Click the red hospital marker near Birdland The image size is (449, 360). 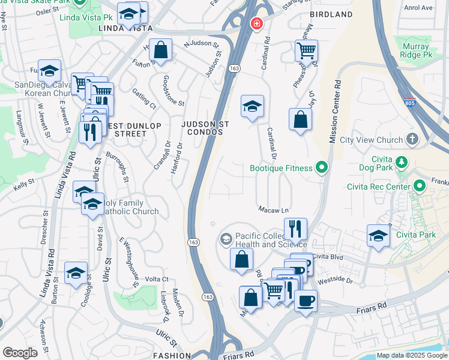pos(256,23)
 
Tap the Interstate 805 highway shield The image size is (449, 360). pos(410,103)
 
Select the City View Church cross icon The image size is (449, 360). pos(412,140)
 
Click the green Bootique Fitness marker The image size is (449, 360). pos(322,169)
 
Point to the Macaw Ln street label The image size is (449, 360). pos(274,210)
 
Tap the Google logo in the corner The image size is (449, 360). pos(20,353)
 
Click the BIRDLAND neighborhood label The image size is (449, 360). pos(331,14)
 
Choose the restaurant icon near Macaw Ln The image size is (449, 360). pos(295,228)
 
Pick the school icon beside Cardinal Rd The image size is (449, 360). pos(252,106)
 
